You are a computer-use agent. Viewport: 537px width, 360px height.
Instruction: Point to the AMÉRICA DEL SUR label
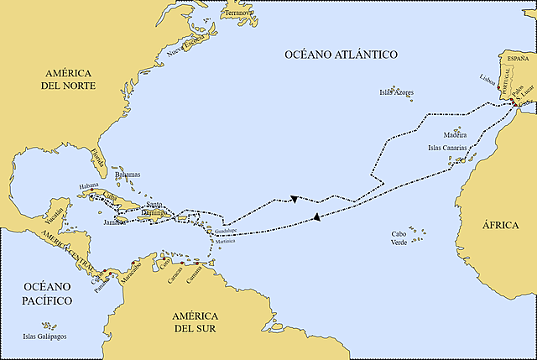point(195,321)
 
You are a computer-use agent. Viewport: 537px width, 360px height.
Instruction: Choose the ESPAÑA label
point(514,56)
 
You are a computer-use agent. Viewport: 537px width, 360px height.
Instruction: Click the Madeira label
point(454,134)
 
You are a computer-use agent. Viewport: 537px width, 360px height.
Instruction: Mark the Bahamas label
point(127,175)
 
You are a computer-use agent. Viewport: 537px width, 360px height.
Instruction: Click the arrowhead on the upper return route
point(295,199)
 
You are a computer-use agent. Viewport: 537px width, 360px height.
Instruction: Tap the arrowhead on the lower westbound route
point(315,217)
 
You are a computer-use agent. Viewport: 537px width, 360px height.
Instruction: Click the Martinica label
point(224,241)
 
